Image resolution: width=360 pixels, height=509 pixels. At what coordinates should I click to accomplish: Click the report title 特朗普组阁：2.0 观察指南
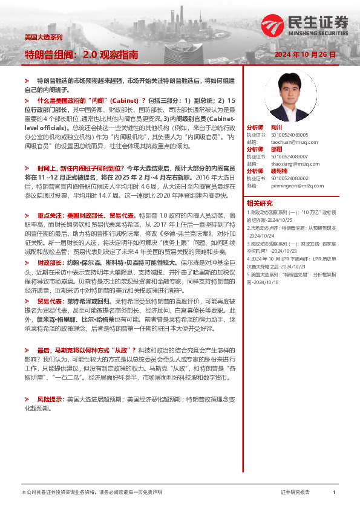pos(81,55)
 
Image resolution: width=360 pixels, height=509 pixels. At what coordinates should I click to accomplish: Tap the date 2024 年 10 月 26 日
pos(305,55)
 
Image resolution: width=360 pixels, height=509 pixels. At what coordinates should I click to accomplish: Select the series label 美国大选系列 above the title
pos(43,37)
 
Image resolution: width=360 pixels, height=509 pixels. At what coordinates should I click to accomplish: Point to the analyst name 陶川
pos(277,128)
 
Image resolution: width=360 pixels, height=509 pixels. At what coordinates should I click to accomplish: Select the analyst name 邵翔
pos(277,149)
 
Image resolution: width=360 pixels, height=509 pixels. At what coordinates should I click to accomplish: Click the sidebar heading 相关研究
pos(259,203)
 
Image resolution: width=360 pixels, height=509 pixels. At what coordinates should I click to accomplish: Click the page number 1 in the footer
pos(334,493)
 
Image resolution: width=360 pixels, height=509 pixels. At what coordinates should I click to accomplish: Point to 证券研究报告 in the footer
pos(295,493)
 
